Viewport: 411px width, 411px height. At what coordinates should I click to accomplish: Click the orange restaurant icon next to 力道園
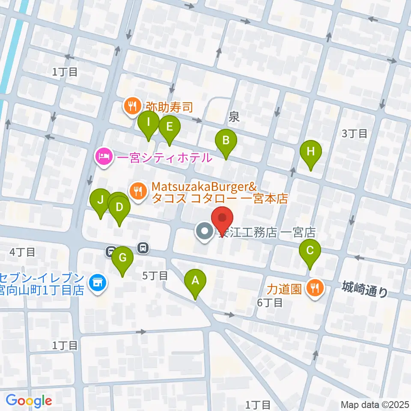click(x=315, y=287)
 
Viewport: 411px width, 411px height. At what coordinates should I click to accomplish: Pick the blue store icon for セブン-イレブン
click(x=97, y=283)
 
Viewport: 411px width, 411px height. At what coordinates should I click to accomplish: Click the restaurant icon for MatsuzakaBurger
click(x=137, y=190)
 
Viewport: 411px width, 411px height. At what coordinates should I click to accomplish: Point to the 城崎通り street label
click(x=365, y=289)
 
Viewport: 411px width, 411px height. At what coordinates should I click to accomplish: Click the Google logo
click(x=29, y=401)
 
